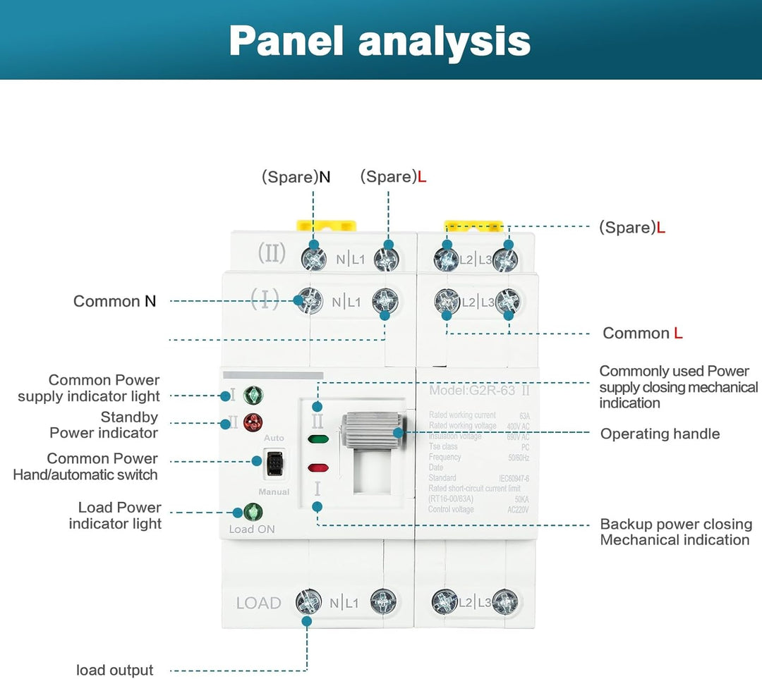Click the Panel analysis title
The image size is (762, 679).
coord(380,41)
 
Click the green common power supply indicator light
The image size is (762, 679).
coord(253,396)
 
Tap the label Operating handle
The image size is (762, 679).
coord(660,434)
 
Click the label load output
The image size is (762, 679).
coord(114,670)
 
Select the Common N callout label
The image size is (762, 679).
coord(115,301)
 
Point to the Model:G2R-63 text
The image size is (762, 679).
coord(473,390)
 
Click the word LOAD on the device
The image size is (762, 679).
coord(258,603)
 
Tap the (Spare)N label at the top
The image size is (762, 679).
coord(296,177)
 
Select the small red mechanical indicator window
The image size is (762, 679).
coord(318,467)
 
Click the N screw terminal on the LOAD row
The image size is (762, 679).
coord(309,601)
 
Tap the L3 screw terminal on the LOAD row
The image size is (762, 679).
coord(505,601)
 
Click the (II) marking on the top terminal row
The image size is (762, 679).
coord(272,253)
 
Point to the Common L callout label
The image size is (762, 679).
coord(642,333)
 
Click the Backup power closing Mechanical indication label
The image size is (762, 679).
coord(675,532)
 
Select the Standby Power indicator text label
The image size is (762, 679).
coord(104,425)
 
